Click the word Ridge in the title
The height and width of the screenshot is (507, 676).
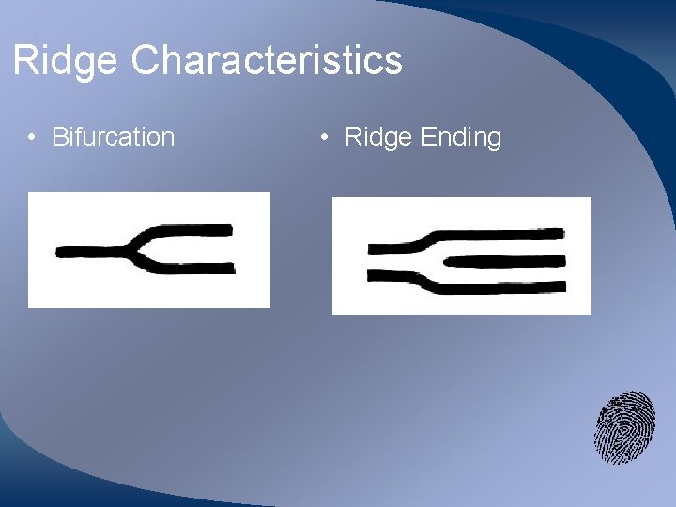(x=66, y=61)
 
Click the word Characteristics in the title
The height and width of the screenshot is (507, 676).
(x=267, y=61)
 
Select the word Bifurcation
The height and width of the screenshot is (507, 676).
(x=113, y=137)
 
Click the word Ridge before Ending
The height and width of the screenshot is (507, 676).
(x=378, y=137)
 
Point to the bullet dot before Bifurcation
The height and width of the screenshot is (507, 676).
(x=32, y=138)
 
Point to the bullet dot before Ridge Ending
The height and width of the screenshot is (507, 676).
(x=324, y=138)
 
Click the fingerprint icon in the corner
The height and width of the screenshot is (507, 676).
(x=624, y=427)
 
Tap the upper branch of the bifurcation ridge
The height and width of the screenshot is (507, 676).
(x=188, y=230)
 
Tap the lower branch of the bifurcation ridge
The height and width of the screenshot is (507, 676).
(x=188, y=268)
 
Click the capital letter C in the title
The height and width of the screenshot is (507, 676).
(x=146, y=61)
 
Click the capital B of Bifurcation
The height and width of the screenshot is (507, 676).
(x=59, y=137)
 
